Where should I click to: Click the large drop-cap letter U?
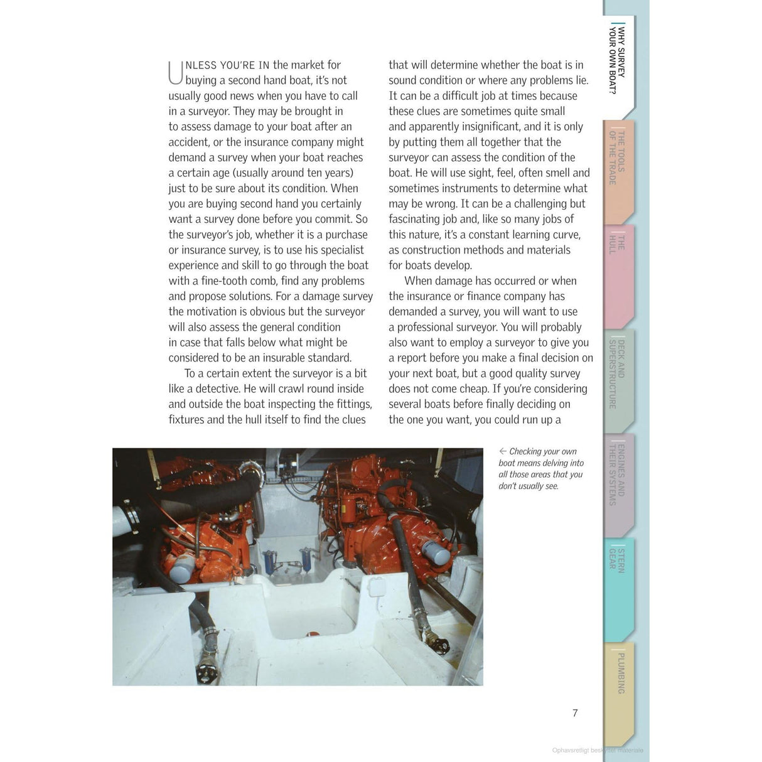click(x=176, y=72)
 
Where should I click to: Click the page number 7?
click(x=575, y=713)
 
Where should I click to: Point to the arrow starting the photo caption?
click(x=503, y=451)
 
